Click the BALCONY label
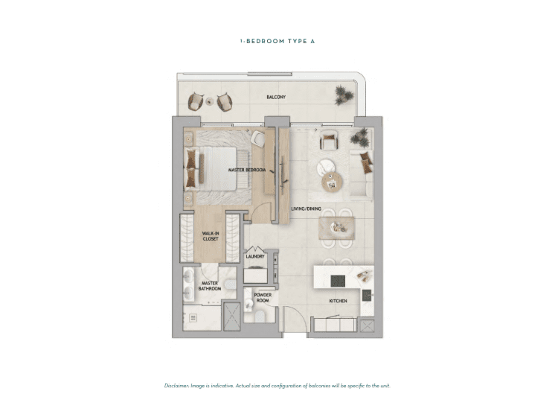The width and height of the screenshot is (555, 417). tap(276, 97)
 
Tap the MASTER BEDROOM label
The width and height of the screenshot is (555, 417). tap(247, 170)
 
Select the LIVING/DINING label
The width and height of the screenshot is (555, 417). tap(307, 208)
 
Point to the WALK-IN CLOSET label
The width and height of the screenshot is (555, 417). tap(211, 236)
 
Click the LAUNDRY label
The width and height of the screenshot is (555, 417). tap(255, 256)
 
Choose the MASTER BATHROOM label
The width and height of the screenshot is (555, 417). tap(210, 286)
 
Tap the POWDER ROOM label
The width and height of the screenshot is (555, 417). tap(263, 298)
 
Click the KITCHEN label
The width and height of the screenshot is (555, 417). tap(338, 301)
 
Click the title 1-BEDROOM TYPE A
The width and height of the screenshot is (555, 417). tap(277, 41)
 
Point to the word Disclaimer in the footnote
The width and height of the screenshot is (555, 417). tap(176, 386)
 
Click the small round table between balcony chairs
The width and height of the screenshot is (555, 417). tap(210, 101)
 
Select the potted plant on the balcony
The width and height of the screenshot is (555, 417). tap(343, 95)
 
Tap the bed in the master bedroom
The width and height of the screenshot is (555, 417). tap(211, 168)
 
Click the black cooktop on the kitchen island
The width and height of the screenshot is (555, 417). tap(338, 281)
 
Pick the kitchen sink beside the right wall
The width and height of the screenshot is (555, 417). tap(367, 295)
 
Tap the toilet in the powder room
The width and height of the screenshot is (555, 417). tap(260, 316)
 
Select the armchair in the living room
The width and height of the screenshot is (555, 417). tap(329, 140)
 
